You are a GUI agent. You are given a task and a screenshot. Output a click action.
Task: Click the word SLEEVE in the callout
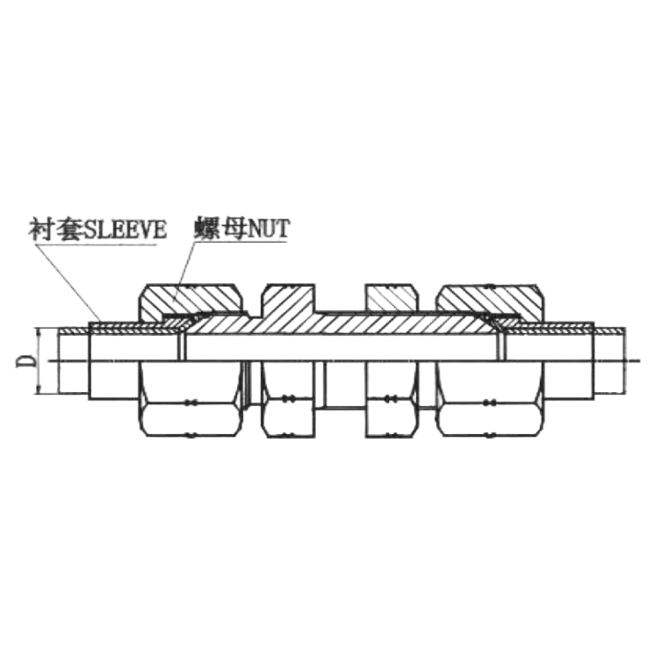point(124,230)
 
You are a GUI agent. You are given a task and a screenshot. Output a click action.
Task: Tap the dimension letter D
point(25,362)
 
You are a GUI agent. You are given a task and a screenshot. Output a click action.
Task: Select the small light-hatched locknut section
point(390,297)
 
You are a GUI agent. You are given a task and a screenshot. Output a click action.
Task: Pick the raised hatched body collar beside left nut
point(288,300)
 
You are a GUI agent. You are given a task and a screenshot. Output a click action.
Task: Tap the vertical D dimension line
point(38,362)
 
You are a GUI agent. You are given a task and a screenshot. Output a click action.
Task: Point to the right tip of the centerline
point(641,362)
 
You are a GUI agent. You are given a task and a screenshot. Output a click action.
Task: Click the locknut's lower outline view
point(390,412)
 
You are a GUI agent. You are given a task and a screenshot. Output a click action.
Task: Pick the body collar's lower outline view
point(288,412)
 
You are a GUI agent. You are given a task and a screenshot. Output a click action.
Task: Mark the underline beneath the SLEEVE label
point(97,243)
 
